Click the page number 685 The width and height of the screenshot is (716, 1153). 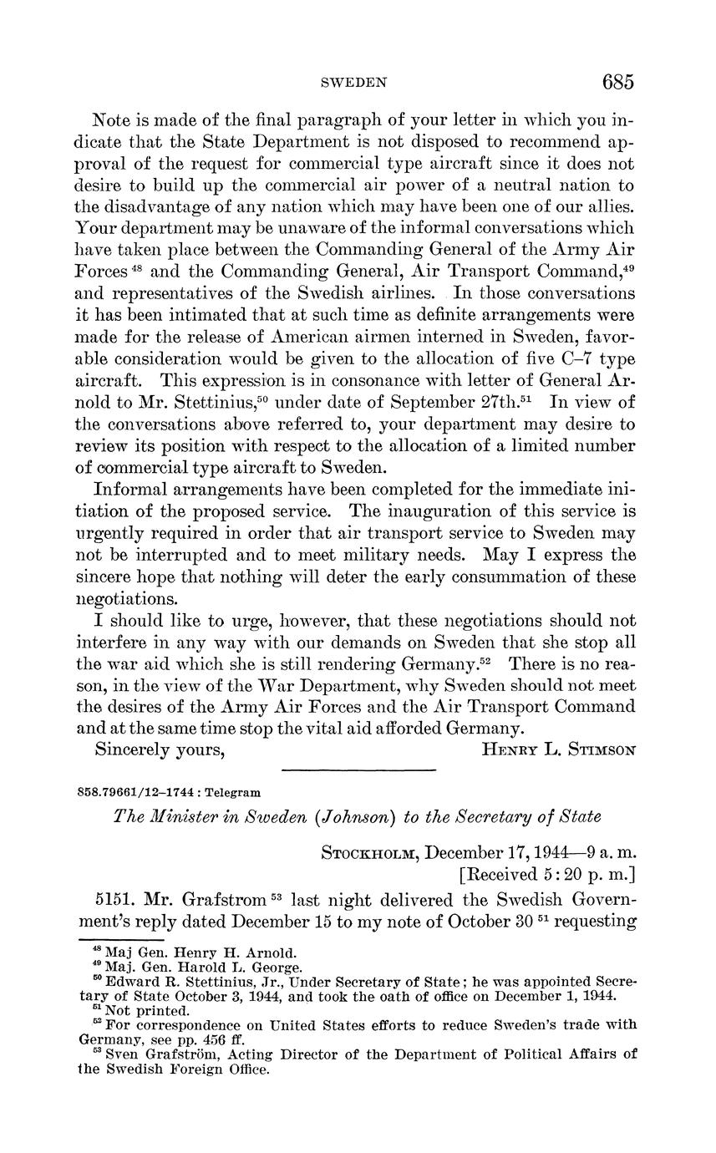pyautogui.click(x=617, y=82)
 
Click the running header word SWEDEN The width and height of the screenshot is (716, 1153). pyautogui.click(x=354, y=83)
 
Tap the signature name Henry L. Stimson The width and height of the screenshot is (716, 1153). pyautogui.click(x=559, y=749)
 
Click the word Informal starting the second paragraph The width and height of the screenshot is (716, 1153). pyautogui.click(x=135, y=488)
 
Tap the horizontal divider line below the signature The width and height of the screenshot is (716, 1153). pyautogui.click(x=359, y=770)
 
